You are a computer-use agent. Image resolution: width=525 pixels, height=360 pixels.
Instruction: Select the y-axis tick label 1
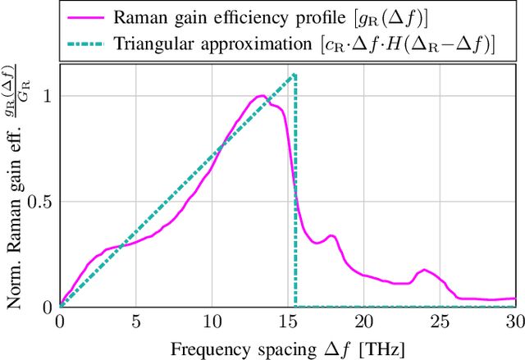tap(47, 96)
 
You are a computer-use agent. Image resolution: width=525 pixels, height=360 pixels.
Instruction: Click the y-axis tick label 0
tap(47, 308)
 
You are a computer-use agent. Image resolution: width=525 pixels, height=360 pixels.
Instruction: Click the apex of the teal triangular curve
tap(294, 75)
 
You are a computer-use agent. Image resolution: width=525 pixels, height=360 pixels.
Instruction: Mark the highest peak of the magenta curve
tap(262, 96)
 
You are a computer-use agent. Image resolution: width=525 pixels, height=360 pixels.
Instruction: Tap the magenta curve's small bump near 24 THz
tap(424, 270)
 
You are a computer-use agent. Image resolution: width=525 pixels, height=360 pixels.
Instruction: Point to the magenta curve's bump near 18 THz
tap(331, 236)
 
